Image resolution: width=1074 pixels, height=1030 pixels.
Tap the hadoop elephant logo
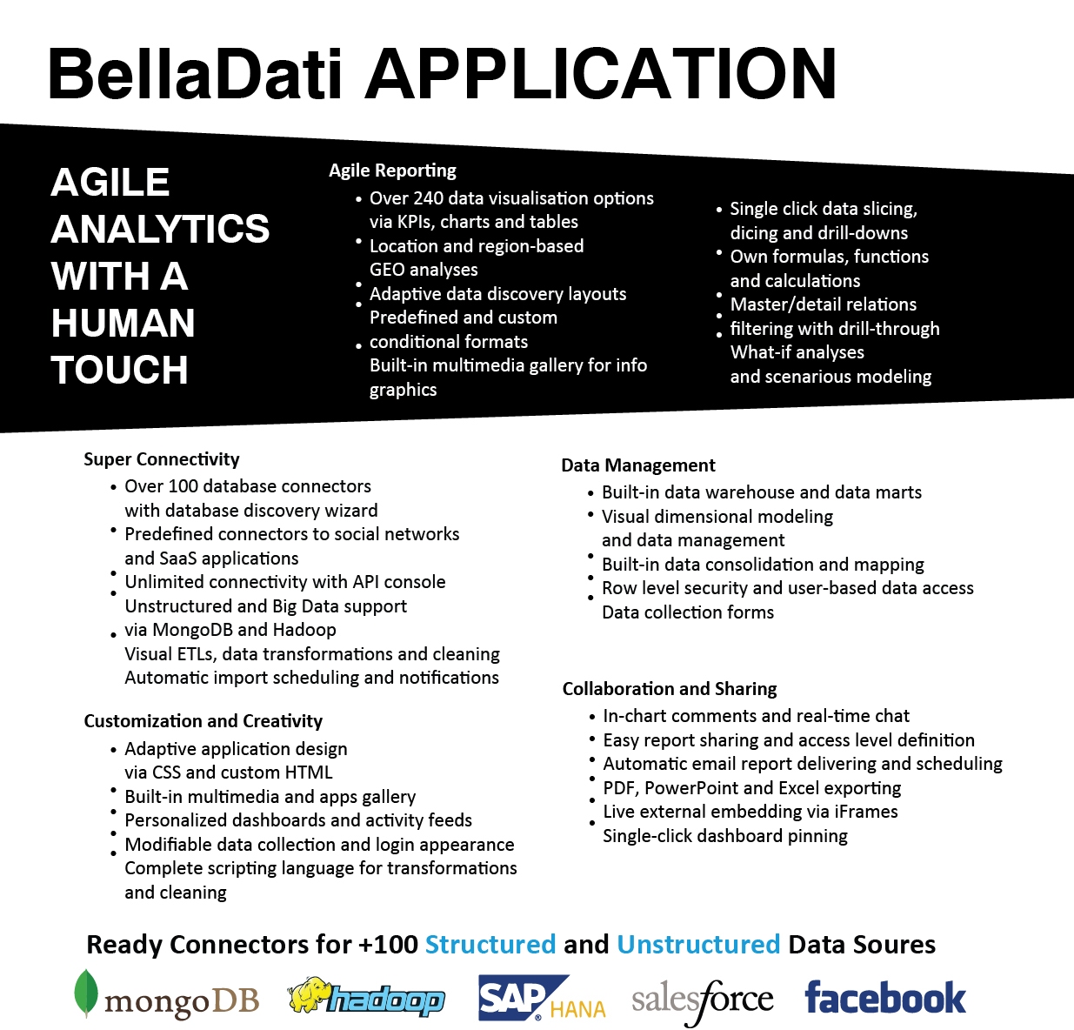(366, 996)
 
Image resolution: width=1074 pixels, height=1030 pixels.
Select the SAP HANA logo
(542, 998)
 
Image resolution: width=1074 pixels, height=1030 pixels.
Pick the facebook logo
(885, 998)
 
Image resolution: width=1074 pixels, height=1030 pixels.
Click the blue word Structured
(490, 944)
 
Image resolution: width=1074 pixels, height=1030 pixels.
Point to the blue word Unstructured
(698, 944)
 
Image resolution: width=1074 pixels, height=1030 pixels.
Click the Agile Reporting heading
(392, 171)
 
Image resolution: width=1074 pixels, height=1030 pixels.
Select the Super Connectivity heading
(162, 459)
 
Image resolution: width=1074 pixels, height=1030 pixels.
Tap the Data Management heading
(638, 465)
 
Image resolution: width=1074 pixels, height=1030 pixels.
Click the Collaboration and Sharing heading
(670, 689)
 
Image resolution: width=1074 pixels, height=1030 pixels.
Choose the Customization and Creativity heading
(203, 721)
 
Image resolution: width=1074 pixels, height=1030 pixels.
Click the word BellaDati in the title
(196, 75)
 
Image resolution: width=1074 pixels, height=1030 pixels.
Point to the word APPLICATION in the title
(600, 74)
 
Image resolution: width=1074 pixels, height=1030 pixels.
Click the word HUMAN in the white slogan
(123, 323)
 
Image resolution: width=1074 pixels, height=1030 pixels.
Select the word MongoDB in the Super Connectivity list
(192, 630)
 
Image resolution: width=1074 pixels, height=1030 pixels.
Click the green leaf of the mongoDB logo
(85, 993)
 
